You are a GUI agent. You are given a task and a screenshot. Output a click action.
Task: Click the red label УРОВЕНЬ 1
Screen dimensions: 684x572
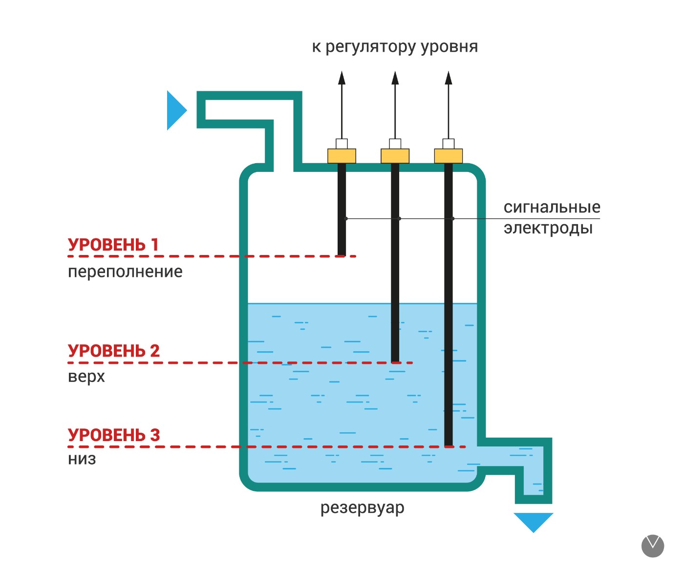click(x=113, y=245)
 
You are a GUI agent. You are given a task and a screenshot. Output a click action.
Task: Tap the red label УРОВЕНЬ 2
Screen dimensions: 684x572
click(x=114, y=351)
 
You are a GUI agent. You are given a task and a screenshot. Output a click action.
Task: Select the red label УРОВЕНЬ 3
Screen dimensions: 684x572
click(x=114, y=435)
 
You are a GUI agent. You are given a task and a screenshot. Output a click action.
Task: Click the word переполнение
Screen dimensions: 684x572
click(x=125, y=272)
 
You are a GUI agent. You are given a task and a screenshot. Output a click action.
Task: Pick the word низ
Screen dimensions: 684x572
click(x=82, y=459)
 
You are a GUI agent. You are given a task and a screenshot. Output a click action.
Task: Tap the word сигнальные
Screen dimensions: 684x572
click(x=552, y=207)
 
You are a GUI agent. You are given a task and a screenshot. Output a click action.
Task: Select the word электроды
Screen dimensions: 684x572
click(x=548, y=228)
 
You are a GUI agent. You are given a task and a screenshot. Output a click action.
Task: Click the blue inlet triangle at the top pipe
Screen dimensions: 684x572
click(x=177, y=110)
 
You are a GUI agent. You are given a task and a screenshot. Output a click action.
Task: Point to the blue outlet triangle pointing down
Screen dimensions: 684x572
click(x=534, y=523)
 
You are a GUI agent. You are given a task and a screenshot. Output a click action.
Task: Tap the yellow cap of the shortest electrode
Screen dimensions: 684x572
click(x=342, y=156)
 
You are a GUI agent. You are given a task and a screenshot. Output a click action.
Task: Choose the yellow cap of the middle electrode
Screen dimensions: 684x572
click(x=395, y=156)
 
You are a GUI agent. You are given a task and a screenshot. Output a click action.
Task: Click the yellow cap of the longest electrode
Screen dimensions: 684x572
click(x=449, y=156)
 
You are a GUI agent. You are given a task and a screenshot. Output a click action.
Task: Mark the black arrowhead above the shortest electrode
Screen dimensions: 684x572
click(x=342, y=78)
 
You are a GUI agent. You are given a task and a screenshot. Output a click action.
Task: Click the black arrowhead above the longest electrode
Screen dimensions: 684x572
click(x=449, y=78)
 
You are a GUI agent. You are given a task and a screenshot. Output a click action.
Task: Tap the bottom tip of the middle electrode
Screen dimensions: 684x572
click(x=395, y=362)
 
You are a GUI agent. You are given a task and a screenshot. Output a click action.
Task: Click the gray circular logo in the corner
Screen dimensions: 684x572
click(x=653, y=546)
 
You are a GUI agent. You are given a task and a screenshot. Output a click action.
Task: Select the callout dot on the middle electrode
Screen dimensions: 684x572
click(x=399, y=218)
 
